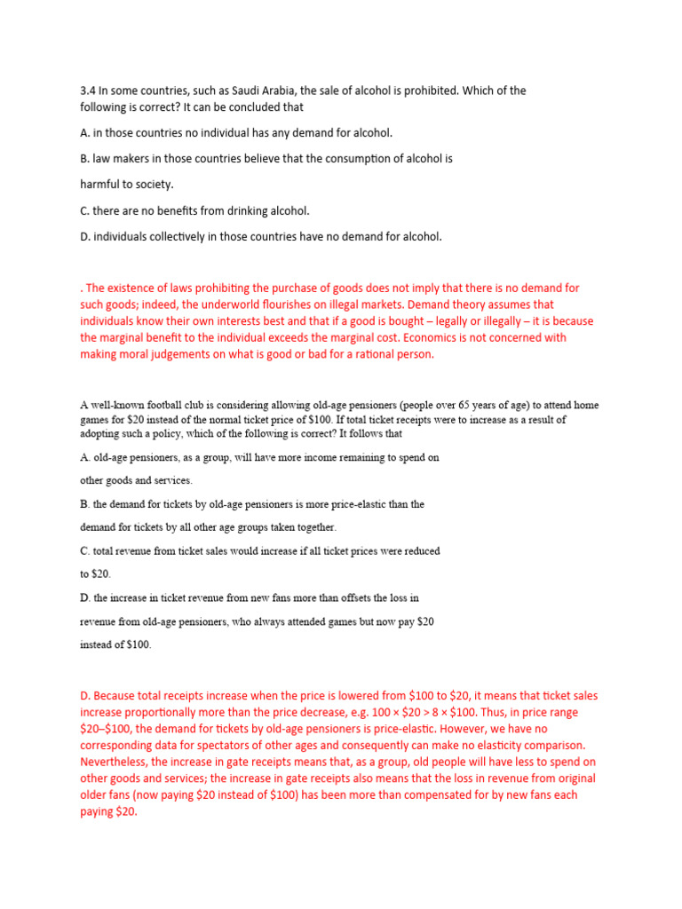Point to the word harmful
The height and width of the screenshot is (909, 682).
101,185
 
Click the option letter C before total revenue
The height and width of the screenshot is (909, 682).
84,551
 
